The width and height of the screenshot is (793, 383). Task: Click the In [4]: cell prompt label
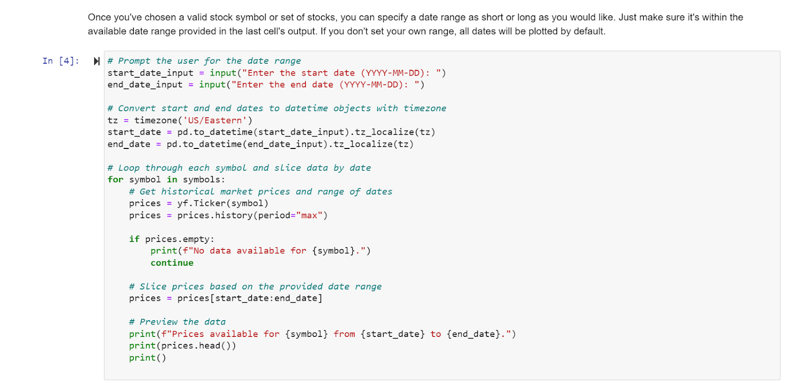coord(60,61)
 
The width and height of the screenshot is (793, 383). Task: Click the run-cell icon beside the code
coord(97,61)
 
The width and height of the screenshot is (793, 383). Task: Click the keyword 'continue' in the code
coord(172,263)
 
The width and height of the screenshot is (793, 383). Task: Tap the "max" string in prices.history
coord(309,215)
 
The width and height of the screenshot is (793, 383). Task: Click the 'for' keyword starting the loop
coord(115,180)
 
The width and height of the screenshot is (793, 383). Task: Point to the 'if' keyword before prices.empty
coord(134,239)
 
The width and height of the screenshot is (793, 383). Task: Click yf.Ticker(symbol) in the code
coord(223,203)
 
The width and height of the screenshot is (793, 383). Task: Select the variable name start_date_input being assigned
coord(150,73)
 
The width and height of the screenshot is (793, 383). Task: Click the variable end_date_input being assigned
coord(145,85)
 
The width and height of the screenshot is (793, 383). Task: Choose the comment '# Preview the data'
coord(177,322)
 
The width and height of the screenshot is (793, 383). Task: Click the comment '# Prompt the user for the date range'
coord(204,61)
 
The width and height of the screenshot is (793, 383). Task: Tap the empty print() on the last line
coord(147,358)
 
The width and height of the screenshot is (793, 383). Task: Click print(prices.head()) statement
coord(182,346)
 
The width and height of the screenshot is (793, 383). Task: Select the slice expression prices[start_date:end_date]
coord(249,298)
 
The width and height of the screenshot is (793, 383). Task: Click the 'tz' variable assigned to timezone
coord(113,120)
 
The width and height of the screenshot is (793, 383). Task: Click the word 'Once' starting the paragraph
coord(99,17)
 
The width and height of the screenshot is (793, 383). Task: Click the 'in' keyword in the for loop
coord(171,180)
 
